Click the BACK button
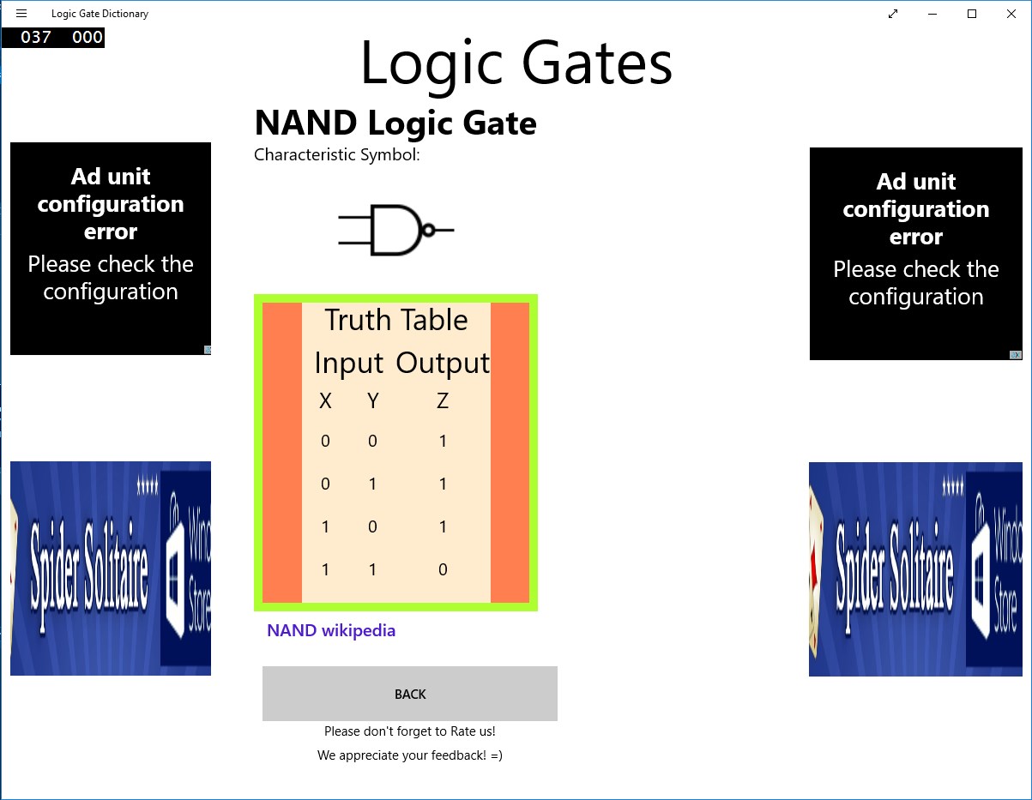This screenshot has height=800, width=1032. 410,693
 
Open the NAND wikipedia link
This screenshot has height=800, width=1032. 331,630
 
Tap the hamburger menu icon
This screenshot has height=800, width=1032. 21,13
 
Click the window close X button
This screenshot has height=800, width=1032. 1011,14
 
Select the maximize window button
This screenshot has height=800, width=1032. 972,14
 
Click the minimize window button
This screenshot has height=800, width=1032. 932,14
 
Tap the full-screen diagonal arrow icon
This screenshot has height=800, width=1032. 893,14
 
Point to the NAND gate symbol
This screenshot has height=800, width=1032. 395,230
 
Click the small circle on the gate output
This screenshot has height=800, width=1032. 428,230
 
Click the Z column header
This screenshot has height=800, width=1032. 443,401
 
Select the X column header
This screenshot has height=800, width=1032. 325,401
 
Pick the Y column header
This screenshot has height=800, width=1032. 373,401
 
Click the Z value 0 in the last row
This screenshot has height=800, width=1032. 443,569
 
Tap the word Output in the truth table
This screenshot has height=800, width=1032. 443,364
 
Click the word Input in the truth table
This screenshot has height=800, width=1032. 349,364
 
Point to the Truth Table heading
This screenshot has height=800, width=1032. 396,320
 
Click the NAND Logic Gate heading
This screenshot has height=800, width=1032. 395,123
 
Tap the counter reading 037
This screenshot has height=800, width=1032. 36,37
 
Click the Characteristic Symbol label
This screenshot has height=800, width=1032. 337,154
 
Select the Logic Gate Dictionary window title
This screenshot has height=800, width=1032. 100,14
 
